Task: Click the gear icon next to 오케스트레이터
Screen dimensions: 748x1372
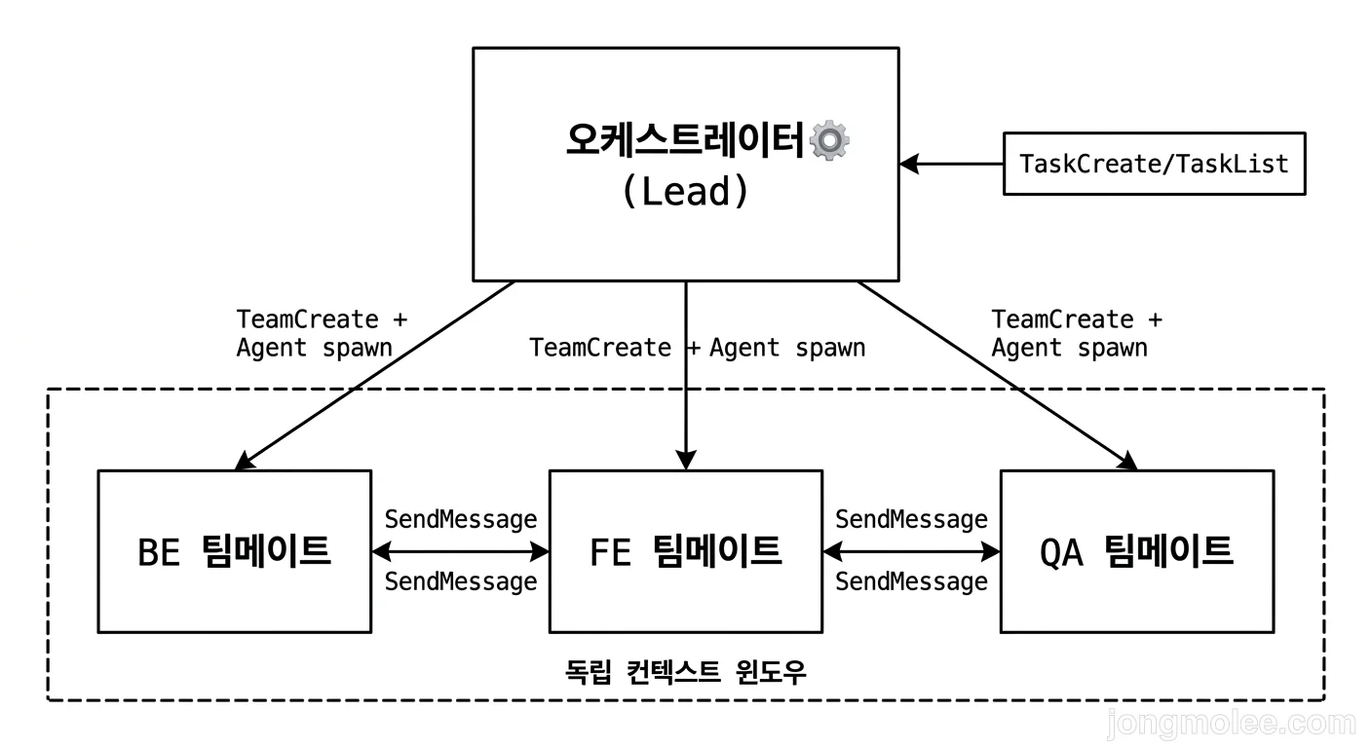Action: click(x=829, y=140)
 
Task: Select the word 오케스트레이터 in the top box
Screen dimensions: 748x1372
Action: click(x=686, y=141)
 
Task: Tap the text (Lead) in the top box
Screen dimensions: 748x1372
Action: click(x=686, y=191)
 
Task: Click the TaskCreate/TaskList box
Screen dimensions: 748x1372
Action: click(x=1154, y=164)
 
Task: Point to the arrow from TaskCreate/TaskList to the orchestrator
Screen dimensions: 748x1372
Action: click(x=951, y=164)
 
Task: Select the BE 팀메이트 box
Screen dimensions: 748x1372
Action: click(x=234, y=551)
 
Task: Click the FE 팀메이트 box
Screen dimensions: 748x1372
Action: click(x=686, y=551)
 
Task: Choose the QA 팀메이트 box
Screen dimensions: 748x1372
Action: click(x=1136, y=551)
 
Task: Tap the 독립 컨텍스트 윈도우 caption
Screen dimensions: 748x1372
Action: click(x=686, y=672)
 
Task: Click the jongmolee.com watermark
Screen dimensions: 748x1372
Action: click(x=1231, y=724)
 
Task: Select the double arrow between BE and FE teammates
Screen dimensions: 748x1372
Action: click(x=460, y=551)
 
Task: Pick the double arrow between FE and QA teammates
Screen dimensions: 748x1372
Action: click(x=911, y=551)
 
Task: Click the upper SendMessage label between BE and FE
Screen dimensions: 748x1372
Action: click(x=460, y=519)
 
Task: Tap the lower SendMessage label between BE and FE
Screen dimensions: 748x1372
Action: click(x=460, y=581)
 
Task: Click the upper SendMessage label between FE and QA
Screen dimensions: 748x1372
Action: click(x=911, y=519)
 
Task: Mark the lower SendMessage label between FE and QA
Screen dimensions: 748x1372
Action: click(x=911, y=581)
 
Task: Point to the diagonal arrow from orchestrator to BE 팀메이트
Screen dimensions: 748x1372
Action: click(x=375, y=376)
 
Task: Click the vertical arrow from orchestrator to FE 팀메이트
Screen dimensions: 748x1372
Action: click(x=686, y=409)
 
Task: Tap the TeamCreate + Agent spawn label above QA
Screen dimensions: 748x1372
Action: click(x=1076, y=333)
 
